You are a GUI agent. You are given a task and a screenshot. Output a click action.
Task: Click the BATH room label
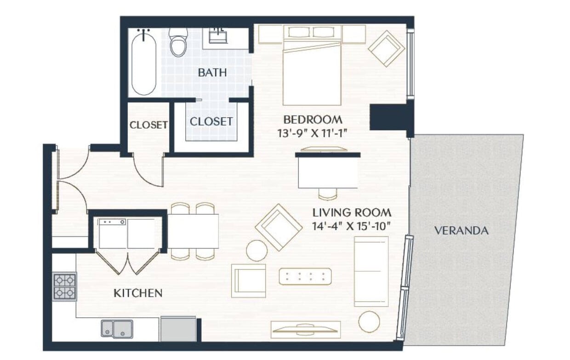click(212, 73)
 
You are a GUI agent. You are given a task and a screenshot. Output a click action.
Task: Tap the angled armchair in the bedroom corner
click(387, 48)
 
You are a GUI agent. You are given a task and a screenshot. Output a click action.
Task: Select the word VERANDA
click(461, 231)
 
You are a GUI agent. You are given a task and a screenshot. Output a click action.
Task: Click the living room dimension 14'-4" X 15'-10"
click(352, 226)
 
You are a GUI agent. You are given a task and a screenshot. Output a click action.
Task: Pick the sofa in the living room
click(371, 271)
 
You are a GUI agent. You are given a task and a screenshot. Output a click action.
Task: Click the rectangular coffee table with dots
click(305, 276)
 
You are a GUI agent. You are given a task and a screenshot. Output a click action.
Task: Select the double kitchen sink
click(117, 329)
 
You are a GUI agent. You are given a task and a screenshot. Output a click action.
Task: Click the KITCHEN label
click(138, 293)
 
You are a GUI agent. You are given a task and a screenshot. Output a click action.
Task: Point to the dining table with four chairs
click(193, 231)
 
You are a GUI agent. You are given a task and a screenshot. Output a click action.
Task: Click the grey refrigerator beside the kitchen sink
click(178, 329)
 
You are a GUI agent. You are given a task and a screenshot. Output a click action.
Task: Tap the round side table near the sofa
click(369, 321)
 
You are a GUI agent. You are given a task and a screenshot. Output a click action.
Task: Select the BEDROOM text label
click(313, 120)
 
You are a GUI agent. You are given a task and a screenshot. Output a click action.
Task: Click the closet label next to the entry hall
click(148, 125)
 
